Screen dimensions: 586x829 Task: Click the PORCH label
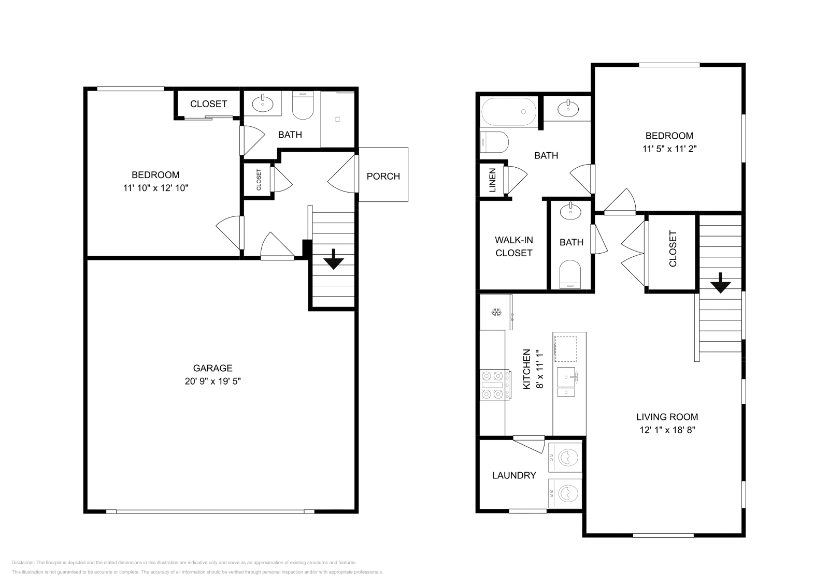pyautogui.click(x=383, y=176)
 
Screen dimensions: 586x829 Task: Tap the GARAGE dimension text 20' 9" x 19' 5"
pyautogui.click(x=212, y=382)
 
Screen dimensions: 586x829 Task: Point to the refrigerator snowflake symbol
pyautogui.click(x=496, y=312)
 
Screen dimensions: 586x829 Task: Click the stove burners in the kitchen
pyautogui.click(x=493, y=385)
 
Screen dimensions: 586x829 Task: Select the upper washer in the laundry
pyautogui.click(x=566, y=458)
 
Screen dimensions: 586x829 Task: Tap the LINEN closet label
pyautogui.click(x=492, y=180)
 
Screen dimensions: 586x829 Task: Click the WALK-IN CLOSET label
pyautogui.click(x=513, y=246)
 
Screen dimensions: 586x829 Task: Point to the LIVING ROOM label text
pyautogui.click(x=667, y=417)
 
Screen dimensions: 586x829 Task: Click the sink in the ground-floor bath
pyautogui.click(x=263, y=104)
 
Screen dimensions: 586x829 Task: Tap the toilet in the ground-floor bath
pyautogui.click(x=303, y=107)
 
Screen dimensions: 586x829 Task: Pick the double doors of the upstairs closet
pyautogui.click(x=635, y=254)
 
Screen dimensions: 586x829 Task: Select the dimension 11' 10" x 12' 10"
pyautogui.click(x=155, y=188)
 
